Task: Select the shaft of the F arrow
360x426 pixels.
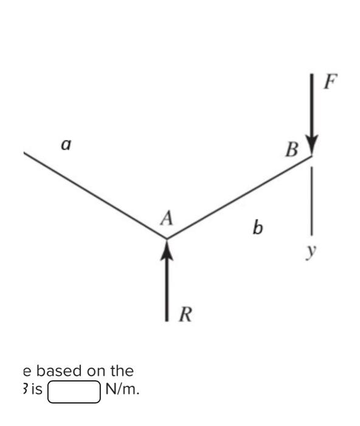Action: [312, 106]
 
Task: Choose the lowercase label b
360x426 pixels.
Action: [258, 228]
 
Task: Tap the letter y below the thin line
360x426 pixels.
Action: [312, 250]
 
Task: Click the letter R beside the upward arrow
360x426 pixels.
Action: [187, 315]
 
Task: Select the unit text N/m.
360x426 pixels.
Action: [122, 390]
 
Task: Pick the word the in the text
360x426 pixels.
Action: [121, 371]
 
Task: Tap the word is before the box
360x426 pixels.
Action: [35, 390]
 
